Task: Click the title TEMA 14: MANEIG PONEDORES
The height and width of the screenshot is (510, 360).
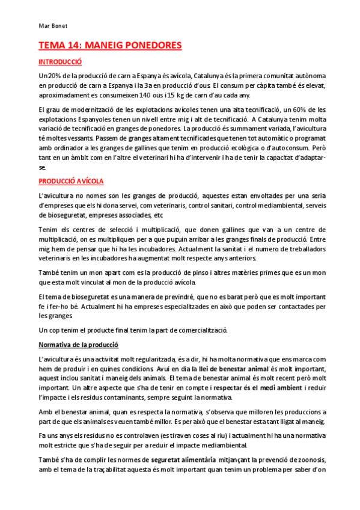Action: (x=110, y=46)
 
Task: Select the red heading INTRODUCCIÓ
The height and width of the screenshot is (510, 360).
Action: (x=59, y=62)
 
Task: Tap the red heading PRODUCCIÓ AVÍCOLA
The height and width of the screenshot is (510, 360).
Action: (x=71, y=181)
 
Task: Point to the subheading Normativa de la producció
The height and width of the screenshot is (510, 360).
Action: (x=78, y=345)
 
